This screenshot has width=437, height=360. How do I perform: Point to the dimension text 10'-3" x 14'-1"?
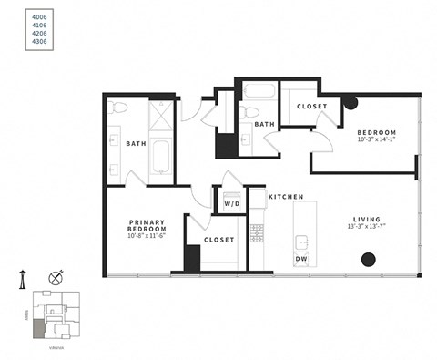(x=377, y=139)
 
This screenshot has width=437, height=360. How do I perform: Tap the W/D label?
(x=231, y=204)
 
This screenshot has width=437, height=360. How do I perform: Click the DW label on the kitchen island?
(x=300, y=259)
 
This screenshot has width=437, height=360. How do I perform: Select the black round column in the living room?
(x=368, y=259)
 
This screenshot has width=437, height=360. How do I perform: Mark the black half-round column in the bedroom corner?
(x=350, y=101)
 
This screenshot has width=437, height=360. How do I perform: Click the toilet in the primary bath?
(x=116, y=108)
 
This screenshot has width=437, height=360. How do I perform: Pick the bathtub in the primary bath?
(x=160, y=156)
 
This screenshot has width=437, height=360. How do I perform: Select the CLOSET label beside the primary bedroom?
(x=218, y=240)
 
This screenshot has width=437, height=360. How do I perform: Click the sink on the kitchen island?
(x=300, y=243)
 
